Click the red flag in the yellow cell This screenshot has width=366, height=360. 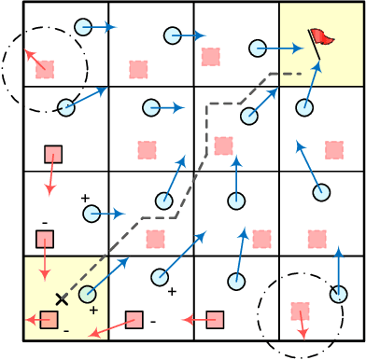(x=322, y=37)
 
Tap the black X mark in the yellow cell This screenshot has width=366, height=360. (x=62, y=298)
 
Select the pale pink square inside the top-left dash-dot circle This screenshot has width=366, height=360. (x=45, y=69)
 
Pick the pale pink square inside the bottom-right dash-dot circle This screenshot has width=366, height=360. (x=300, y=311)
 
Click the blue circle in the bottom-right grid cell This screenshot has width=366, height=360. (x=338, y=295)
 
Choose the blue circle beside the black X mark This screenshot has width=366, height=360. (x=87, y=295)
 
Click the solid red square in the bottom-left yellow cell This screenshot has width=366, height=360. (x=49, y=320)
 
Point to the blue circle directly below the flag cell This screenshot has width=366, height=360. (x=304, y=107)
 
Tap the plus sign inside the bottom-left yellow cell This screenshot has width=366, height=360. (x=93, y=310)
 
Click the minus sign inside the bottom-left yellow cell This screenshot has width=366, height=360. (x=66, y=331)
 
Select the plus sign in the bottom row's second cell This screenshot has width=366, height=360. (x=172, y=292)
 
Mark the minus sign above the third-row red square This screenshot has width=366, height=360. (x=44, y=222)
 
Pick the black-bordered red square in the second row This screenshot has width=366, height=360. (x=53, y=154)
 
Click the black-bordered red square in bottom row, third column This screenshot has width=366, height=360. (x=216, y=320)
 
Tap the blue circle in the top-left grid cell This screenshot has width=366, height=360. (x=83, y=27)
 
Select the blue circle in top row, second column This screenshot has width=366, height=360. (x=173, y=35)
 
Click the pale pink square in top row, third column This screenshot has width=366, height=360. (x=211, y=56)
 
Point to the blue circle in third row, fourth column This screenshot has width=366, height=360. (x=321, y=192)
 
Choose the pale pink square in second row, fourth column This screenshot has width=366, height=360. (x=333, y=149)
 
